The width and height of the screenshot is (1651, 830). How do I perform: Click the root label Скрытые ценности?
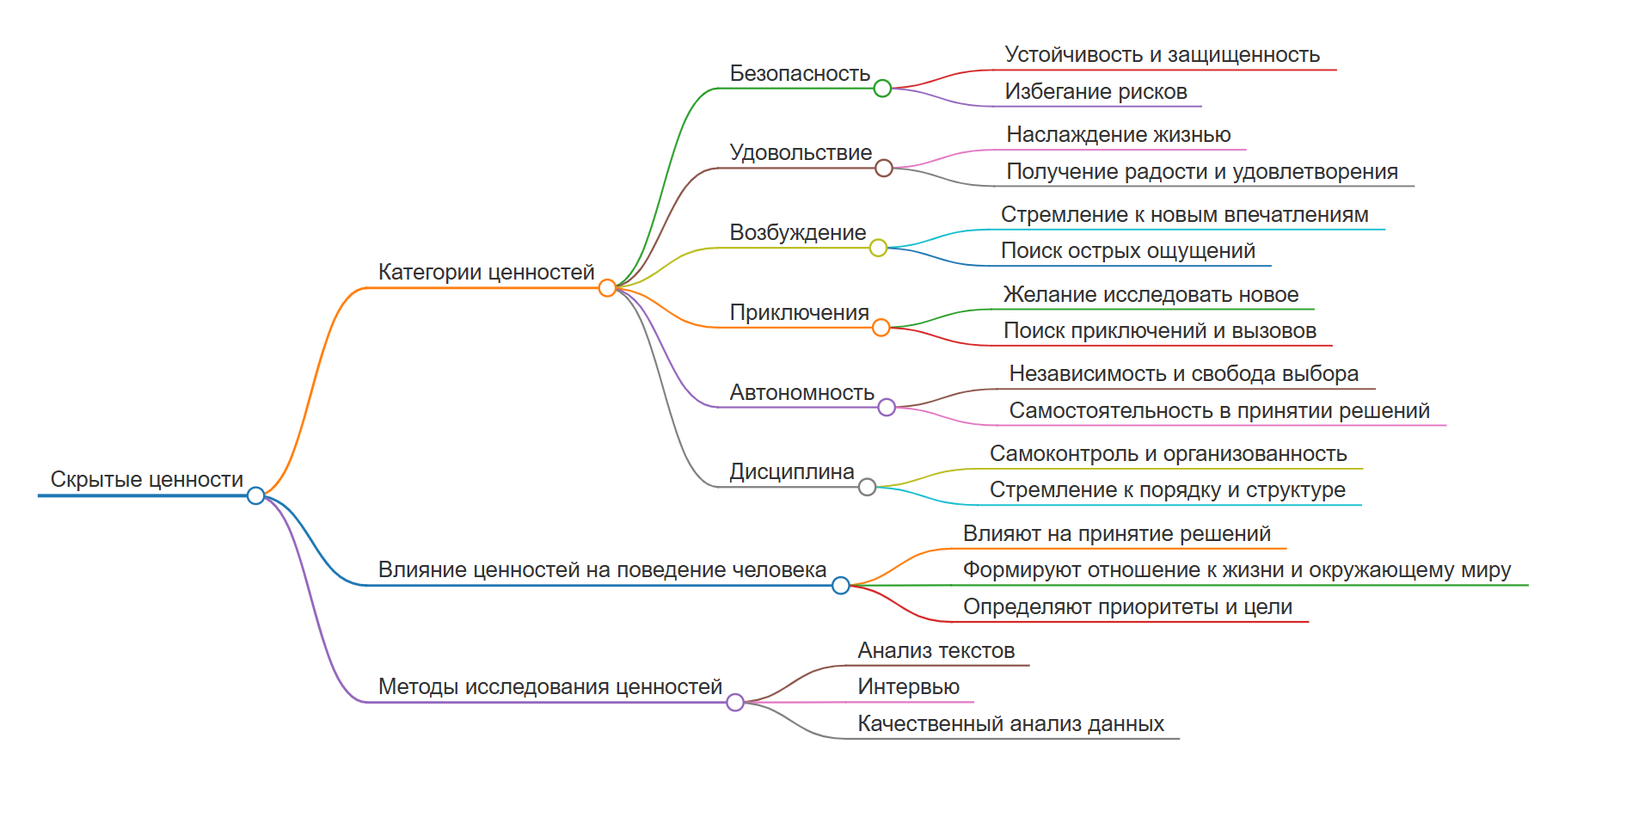point(146,479)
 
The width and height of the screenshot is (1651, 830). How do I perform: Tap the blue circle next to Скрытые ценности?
point(255,495)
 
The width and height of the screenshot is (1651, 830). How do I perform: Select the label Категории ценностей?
point(486,272)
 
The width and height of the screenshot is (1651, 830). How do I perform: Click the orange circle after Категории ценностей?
point(607,288)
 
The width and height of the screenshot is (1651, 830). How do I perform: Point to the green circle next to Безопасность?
point(882,89)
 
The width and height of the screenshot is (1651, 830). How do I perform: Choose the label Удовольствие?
point(800,152)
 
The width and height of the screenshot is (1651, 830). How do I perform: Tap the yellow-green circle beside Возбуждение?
point(878,249)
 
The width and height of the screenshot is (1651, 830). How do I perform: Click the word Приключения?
point(799,312)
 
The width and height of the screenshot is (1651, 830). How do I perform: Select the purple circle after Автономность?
point(887,408)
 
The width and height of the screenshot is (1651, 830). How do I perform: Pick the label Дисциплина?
point(791,471)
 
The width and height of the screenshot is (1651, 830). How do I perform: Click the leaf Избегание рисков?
point(1096,91)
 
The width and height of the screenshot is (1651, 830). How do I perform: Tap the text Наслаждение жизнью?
point(1118,134)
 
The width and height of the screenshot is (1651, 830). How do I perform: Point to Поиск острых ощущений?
point(1127,250)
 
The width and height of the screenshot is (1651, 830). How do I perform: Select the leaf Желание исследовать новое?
point(1151,294)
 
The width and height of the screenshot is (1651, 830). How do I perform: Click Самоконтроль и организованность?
point(1168,453)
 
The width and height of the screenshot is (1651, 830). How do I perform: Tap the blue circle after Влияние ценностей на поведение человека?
point(841,586)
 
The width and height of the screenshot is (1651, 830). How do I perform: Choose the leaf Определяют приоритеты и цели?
point(1127,606)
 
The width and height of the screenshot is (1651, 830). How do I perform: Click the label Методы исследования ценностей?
point(549,686)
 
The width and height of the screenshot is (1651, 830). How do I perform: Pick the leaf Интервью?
point(908,686)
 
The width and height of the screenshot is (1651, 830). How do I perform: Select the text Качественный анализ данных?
point(1010,723)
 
